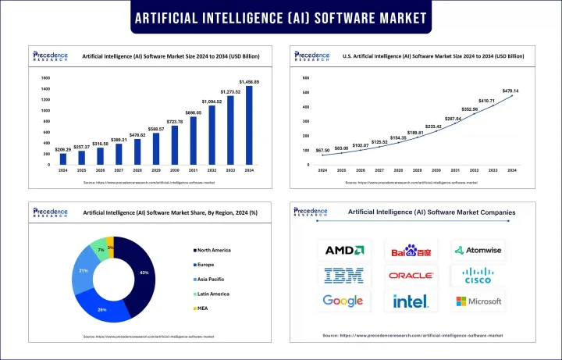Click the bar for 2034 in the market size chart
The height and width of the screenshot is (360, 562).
(249, 125)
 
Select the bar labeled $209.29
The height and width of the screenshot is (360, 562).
(63, 159)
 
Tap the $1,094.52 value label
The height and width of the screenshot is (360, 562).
(212, 102)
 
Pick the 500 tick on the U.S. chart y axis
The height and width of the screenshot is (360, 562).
(306, 91)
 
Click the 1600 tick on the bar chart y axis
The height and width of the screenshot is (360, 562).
(44, 78)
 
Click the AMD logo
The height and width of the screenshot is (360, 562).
(343, 251)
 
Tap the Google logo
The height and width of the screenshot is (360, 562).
(343, 301)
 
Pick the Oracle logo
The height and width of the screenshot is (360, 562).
(411, 276)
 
